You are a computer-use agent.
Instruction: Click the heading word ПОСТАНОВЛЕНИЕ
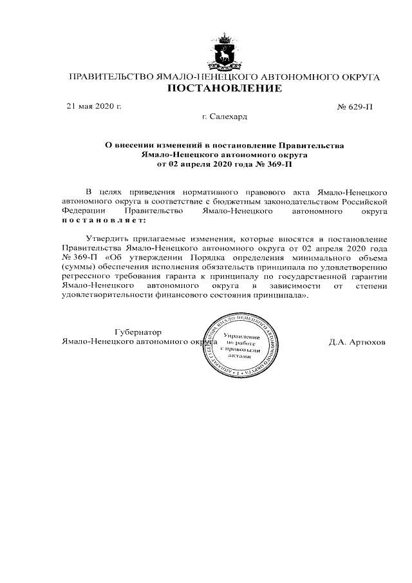(x=224, y=88)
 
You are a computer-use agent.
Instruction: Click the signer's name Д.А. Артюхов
(x=357, y=341)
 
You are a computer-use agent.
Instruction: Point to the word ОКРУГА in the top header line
(x=357, y=77)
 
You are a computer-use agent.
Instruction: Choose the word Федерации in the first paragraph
(x=82, y=211)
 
